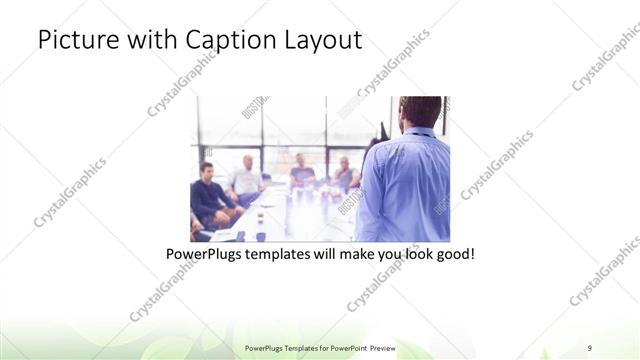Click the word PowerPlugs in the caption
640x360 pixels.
(x=206, y=255)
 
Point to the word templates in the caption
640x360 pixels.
(x=288, y=255)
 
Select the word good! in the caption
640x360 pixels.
(x=453, y=255)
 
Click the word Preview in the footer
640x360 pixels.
(x=380, y=347)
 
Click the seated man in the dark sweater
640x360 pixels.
(x=209, y=192)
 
